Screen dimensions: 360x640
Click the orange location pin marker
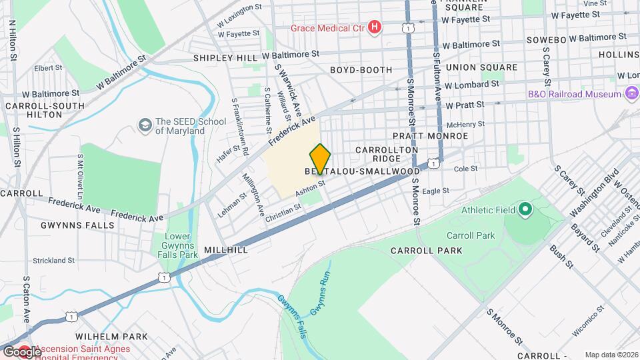pos(320,159)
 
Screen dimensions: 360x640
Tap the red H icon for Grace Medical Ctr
pos(375,27)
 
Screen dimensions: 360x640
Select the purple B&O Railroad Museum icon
pos(631,94)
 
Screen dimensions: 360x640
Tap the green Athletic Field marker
pos(525,211)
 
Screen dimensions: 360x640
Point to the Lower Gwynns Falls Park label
pos(181,245)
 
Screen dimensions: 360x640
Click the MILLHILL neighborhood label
pos(227,249)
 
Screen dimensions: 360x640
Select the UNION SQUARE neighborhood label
pos(481,67)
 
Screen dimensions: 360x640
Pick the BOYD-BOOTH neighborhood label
pos(359,69)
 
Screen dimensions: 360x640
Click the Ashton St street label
pos(310,189)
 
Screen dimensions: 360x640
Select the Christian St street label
pos(283,210)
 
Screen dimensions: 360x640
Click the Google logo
pos(22,351)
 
